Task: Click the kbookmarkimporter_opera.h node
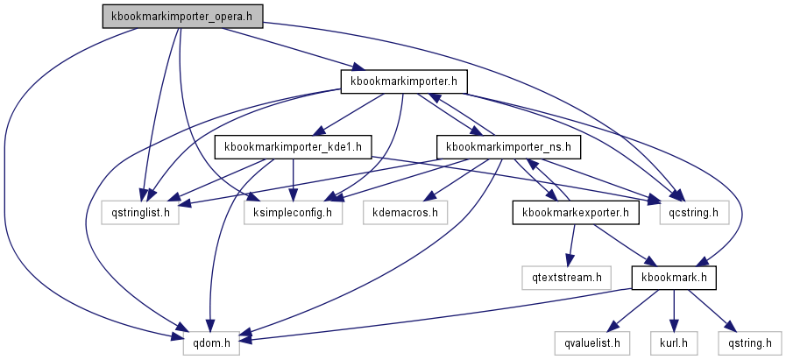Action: pyautogui.click(x=181, y=16)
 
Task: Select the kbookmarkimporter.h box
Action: pyautogui.click(x=403, y=81)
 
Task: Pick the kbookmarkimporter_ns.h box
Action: pyautogui.click(x=508, y=145)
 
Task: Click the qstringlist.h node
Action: pyautogui.click(x=145, y=211)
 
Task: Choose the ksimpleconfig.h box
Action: pyautogui.click(x=293, y=211)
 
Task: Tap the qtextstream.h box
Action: pyautogui.click(x=568, y=278)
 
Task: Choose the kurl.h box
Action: pyautogui.click(x=673, y=343)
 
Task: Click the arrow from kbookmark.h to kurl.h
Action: pyautogui.click(x=674, y=310)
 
